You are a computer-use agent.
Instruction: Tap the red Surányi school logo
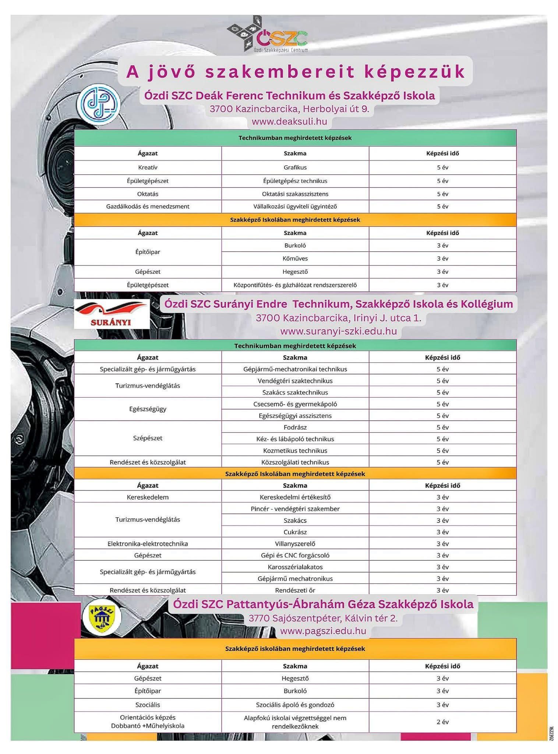coord(112,314)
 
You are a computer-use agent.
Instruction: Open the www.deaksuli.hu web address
coord(289,121)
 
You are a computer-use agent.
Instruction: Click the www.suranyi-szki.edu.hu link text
coord(339,331)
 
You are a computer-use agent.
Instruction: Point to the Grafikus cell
coord(295,168)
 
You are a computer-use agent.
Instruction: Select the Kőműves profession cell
coord(295,258)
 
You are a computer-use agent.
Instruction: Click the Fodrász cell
coord(295,427)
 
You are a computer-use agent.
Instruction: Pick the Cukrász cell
coord(295,532)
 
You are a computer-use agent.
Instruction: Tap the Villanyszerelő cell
coord(295,544)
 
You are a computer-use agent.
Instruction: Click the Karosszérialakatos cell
coord(295,567)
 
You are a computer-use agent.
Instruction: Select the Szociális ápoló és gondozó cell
coord(295,705)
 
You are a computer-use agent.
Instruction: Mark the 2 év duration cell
coord(442,722)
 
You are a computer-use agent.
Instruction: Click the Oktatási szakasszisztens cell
coord(295,194)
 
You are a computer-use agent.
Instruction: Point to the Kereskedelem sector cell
coord(148,497)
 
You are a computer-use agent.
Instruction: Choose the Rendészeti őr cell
coord(295,590)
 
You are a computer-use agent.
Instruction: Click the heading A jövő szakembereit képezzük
coord(296,72)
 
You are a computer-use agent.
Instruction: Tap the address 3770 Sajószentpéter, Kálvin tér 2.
coord(323,618)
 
